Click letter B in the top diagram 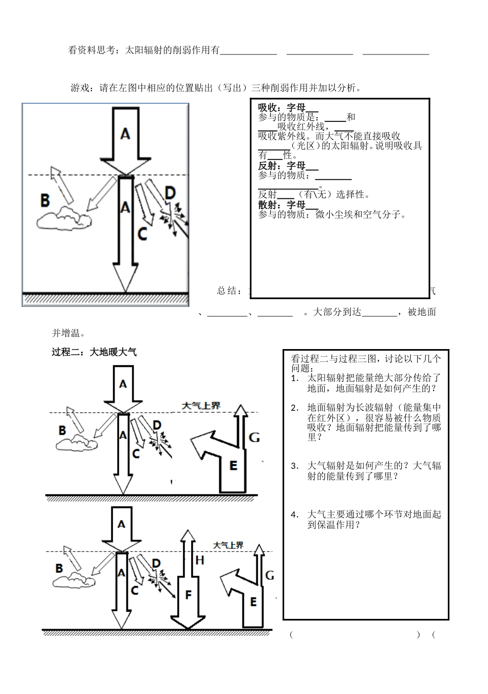(x=45, y=200)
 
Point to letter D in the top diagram (x=170, y=194)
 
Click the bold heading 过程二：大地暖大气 (x=95, y=352)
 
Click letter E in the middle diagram (x=233, y=466)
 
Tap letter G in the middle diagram (x=254, y=437)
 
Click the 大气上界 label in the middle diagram (x=201, y=406)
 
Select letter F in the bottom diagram (x=188, y=595)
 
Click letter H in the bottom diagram (x=200, y=560)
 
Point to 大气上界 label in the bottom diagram (x=229, y=545)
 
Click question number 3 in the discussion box (x=294, y=466)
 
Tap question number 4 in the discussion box (x=294, y=515)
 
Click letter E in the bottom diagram (x=253, y=601)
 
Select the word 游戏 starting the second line (x=80, y=88)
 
